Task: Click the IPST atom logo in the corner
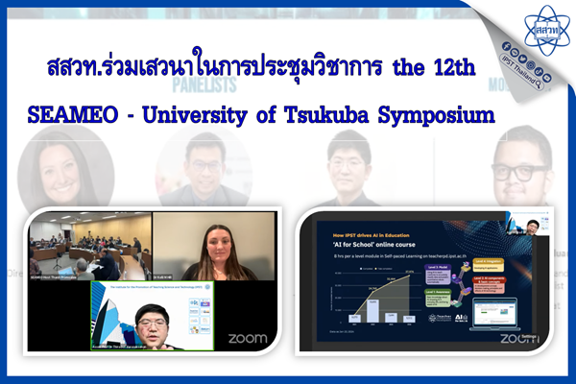(x=544, y=29)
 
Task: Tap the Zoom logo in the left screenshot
(x=247, y=338)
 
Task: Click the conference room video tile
(x=90, y=247)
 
